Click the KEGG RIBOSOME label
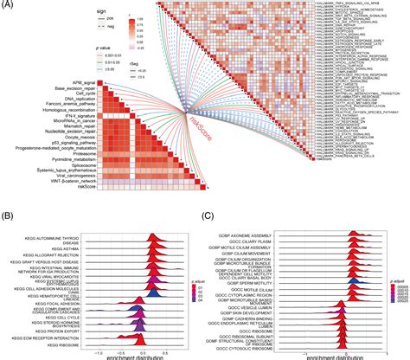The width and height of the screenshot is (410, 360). (x=61, y=344)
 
